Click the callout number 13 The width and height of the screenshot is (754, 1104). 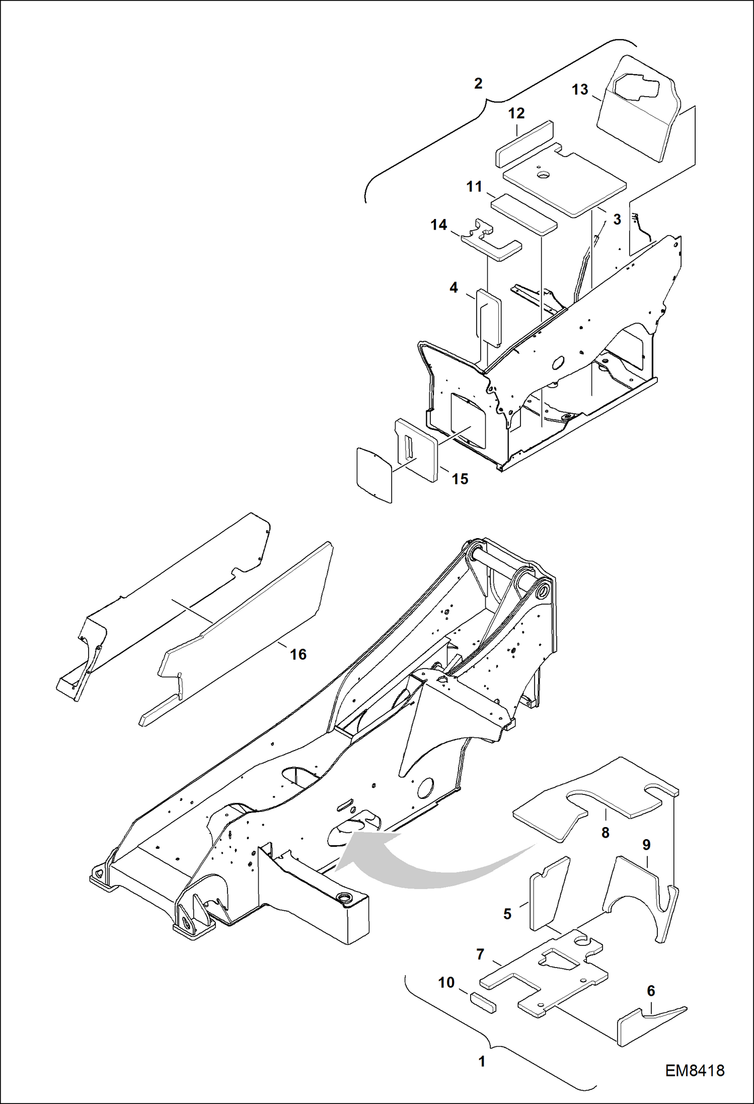(x=580, y=90)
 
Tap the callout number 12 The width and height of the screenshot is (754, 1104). (x=516, y=113)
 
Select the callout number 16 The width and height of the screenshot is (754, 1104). (x=298, y=654)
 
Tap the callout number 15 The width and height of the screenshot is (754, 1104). (x=460, y=479)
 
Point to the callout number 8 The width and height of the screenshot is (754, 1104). (x=606, y=832)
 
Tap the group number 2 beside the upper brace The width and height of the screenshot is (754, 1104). (x=478, y=83)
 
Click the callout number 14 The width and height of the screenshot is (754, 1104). (x=439, y=225)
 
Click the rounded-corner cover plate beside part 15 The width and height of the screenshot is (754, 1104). (x=374, y=474)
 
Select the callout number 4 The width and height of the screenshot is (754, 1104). (x=454, y=287)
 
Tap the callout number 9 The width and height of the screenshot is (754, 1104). (x=646, y=844)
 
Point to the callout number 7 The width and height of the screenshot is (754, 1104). (x=480, y=953)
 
